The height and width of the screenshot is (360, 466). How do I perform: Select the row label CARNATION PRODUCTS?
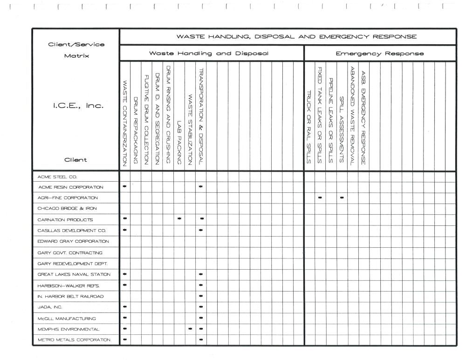point(65,219)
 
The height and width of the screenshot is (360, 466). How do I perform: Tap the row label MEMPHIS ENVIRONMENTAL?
point(69,329)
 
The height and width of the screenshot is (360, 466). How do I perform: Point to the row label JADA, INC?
point(50,307)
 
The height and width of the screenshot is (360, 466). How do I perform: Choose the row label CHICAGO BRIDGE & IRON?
point(67,208)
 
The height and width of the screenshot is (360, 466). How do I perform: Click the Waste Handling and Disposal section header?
point(208,54)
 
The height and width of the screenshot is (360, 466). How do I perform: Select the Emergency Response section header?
point(380,54)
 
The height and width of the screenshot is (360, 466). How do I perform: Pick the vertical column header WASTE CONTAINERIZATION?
point(125,123)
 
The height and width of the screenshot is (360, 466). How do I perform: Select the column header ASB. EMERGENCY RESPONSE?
point(364,116)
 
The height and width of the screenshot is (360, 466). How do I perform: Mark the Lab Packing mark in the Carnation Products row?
point(179,219)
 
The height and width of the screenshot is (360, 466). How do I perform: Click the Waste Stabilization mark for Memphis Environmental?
point(190,329)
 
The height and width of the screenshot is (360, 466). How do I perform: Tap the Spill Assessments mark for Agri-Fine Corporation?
point(342,197)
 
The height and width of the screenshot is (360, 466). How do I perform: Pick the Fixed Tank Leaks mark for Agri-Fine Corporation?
point(320,197)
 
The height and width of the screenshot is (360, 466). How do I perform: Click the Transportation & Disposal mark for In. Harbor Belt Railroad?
point(201,296)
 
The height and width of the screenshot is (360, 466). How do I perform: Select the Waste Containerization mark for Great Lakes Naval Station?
point(124,274)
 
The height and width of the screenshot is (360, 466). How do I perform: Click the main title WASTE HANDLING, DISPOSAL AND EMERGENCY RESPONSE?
point(296,36)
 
